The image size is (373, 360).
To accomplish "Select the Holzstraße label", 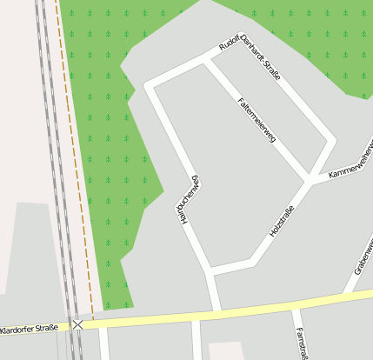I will point(282,223).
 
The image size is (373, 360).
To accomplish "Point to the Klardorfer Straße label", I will point(30,329).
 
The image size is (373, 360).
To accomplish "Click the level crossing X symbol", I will point(78,324).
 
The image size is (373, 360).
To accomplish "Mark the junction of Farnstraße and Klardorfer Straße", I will point(295,305).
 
